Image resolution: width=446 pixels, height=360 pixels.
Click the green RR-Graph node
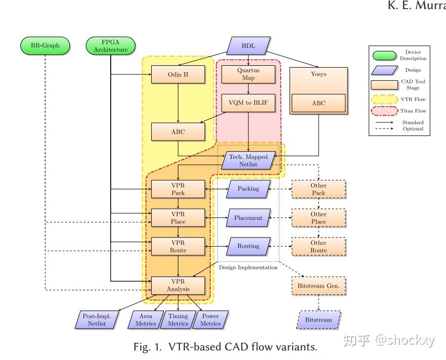pyautogui.click(x=45, y=46)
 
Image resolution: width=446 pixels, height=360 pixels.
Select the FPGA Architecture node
pyautogui.click(x=111, y=46)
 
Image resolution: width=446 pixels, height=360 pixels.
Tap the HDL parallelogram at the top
pyautogui.click(x=248, y=46)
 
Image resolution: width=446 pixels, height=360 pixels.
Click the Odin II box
pyautogui.click(x=178, y=75)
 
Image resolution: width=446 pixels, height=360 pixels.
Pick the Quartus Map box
pyautogui.click(x=248, y=74)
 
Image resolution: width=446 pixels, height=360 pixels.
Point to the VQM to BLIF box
pyautogui.click(x=248, y=103)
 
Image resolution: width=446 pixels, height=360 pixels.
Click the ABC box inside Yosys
pyautogui.click(x=319, y=103)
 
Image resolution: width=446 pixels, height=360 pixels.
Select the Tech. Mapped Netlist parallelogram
pyautogui.click(x=248, y=160)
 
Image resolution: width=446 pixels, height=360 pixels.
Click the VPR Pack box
pyautogui.click(x=178, y=189)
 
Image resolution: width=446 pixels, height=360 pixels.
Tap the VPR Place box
pyautogui.click(x=178, y=218)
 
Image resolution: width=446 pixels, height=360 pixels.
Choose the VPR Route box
pyautogui.click(x=178, y=246)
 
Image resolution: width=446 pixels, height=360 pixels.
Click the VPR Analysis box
pyautogui.click(x=178, y=285)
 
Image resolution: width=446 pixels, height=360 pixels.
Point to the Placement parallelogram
pyautogui.click(x=248, y=218)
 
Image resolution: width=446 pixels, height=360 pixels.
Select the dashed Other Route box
pyautogui.click(x=319, y=246)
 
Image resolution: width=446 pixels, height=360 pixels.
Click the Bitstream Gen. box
pyautogui.click(x=319, y=286)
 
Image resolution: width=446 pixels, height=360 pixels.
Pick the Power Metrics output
pyautogui.click(x=210, y=320)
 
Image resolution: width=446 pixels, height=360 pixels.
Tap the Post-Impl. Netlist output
pyautogui.click(x=97, y=320)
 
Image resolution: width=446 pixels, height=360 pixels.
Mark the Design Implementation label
pyautogui.click(x=248, y=267)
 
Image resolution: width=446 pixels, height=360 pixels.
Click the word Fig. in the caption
pyautogui.click(x=142, y=347)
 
